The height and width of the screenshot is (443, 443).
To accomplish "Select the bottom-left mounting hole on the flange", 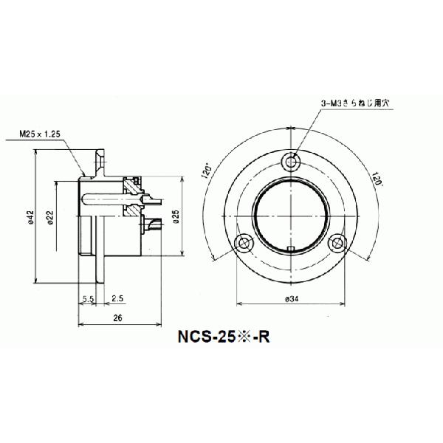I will click(x=243, y=242).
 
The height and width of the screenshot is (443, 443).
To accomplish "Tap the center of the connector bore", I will click(x=291, y=213).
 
